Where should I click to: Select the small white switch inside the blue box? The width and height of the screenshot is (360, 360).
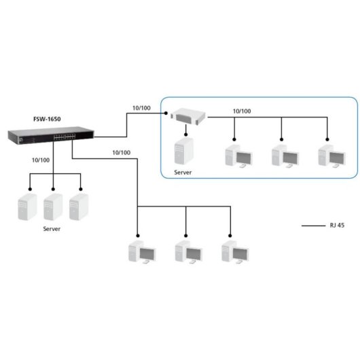point(187,116)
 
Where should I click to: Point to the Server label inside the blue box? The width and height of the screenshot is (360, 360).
point(183,173)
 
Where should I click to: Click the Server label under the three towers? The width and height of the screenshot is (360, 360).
point(52,230)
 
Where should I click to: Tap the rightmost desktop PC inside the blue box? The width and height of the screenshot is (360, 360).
point(329,155)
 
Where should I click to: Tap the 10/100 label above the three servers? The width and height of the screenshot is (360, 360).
point(41,160)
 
